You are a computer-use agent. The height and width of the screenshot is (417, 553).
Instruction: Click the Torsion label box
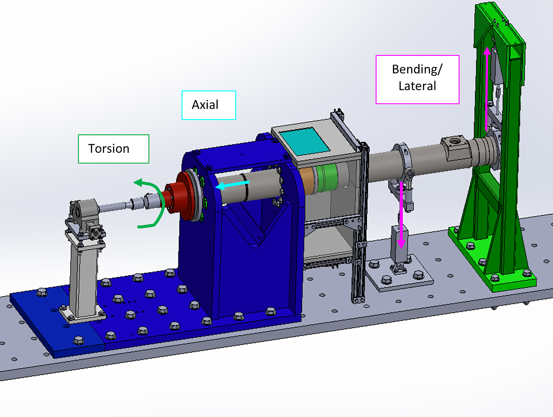coord(113,149)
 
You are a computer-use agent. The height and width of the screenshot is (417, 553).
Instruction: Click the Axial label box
coord(209,105)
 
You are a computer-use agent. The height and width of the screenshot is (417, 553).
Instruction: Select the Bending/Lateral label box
coord(417,79)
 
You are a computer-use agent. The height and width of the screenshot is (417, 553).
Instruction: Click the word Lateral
coord(417,86)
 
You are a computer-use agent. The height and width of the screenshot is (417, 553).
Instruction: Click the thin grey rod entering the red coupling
coord(113,207)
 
